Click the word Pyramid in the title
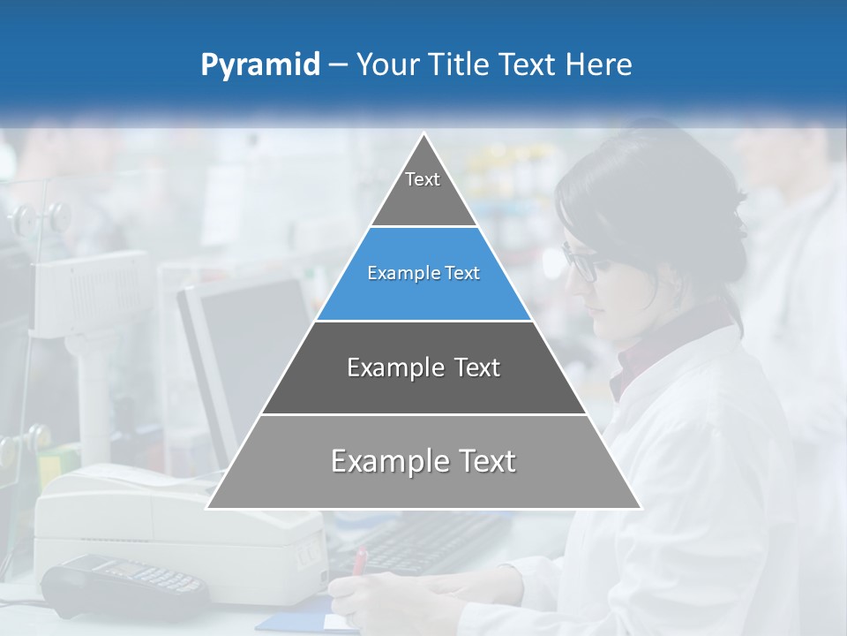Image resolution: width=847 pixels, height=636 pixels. click(x=260, y=65)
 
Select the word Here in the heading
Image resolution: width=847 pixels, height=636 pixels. click(x=600, y=64)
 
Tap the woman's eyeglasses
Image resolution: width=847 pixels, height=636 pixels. click(x=580, y=263)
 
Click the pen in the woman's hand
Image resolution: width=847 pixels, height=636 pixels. click(x=360, y=560)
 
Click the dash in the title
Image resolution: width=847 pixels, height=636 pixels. click(x=338, y=65)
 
